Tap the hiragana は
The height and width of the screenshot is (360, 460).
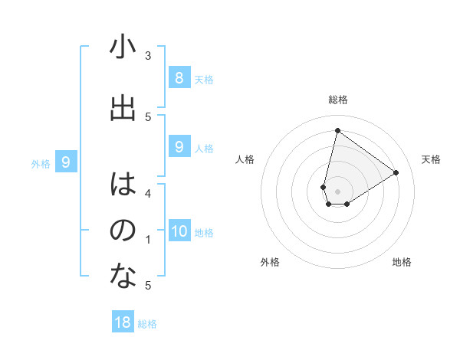[x=123, y=184]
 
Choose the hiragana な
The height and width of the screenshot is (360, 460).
[x=123, y=277]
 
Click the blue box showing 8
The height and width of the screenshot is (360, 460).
[x=179, y=77]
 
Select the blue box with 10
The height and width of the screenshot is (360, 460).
[x=179, y=231]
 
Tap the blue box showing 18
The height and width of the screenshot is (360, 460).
[x=123, y=322]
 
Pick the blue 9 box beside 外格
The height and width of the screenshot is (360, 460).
[x=66, y=162]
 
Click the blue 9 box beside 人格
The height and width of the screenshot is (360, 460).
[x=179, y=147]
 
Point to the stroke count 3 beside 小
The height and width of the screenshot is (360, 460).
[x=148, y=55]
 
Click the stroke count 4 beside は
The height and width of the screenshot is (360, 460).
[x=148, y=193]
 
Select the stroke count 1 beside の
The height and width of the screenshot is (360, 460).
[x=148, y=240]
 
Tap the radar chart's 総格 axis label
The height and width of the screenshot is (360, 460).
[x=338, y=100]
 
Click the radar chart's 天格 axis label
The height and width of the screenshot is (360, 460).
[x=431, y=159]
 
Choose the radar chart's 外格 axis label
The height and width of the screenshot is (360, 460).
[x=270, y=262]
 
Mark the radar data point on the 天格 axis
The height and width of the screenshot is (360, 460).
[x=396, y=172]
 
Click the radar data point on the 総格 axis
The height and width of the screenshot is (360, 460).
[x=337, y=130]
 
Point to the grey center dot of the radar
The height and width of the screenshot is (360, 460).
[x=337, y=191]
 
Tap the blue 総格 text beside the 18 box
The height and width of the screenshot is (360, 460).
[x=147, y=324]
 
